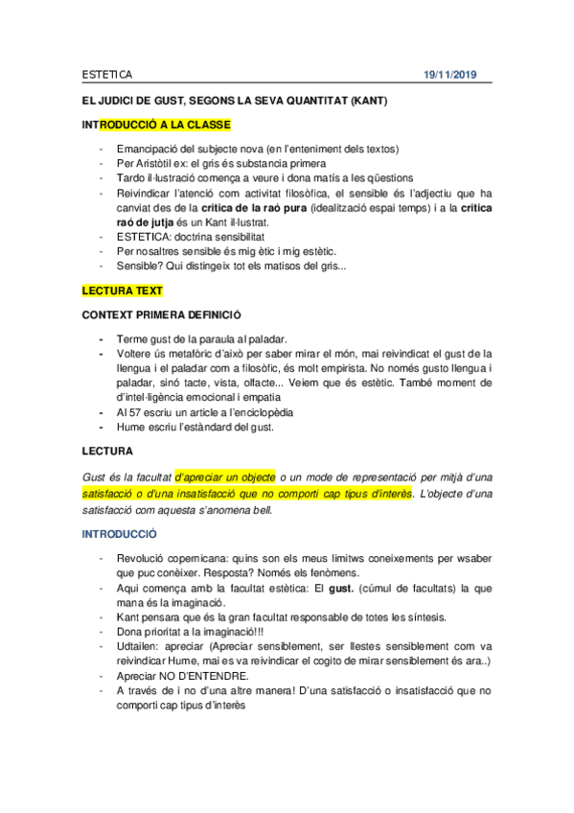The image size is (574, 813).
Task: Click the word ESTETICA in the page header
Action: [106, 75]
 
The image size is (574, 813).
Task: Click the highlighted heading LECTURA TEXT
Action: [122, 290]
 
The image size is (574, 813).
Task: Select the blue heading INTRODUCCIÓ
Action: [120, 533]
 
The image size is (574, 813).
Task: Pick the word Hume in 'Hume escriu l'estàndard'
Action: [130, 427]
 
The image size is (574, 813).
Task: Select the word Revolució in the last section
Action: [142, 557]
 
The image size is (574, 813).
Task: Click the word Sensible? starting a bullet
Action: [141, 265]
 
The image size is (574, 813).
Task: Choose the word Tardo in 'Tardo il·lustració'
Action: [131, 177]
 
